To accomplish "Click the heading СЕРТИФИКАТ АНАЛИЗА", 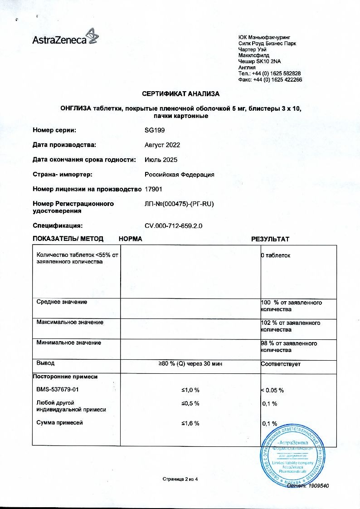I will (x=180, y=94).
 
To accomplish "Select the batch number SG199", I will (x=155, y=130).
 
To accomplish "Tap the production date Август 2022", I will (x=162, y=145).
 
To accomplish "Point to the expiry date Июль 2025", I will (x=161, y=160).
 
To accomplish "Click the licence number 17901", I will (x=153, y=189).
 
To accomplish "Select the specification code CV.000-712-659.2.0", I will (x=173, y=225).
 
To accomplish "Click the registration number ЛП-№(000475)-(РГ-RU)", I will (x=179, y=204).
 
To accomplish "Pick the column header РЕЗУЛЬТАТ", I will (x=270, y=239).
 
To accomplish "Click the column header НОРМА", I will (x=131, y=239).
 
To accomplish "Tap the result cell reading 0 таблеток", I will (x=276, y=255).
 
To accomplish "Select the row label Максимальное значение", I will (x=69, y=322).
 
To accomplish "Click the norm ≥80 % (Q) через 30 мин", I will (x=190, y=364).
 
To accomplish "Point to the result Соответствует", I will (x=281, y=364).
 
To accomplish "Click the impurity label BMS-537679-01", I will (x=59, y=390).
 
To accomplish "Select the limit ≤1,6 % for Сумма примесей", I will (x=190, y=423).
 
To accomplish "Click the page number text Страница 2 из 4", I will (x=180, y=479).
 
